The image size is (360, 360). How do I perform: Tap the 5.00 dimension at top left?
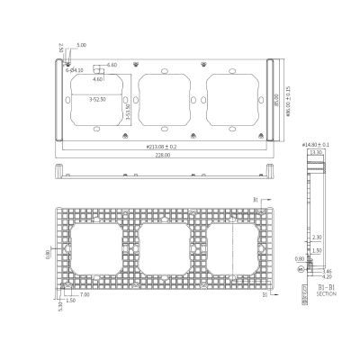pos(82,44)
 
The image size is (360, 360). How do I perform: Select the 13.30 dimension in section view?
pos(315,152)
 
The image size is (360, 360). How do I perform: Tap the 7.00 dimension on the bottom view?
pos(85,295)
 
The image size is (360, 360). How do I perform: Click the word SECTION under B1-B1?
pos(326,292)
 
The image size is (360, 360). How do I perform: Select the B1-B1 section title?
pos(326,284)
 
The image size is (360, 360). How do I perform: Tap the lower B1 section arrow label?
pos(263,294)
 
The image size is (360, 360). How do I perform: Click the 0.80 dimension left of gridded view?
pos(49,253)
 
